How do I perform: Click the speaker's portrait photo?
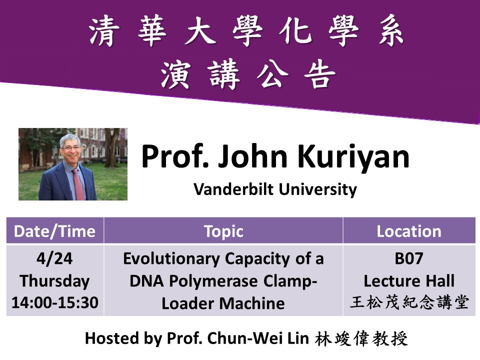pyautogui.click(x=73, y=164)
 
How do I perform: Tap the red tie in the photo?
pyautogui.click(x=78, y=184)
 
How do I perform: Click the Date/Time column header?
pyautogui.click(x=55, y=231)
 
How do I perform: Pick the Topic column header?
pyautogui.click(x=224, y=231)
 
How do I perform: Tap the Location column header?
pyautogui.click(x=409, y=231)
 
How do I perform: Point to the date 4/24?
pyautogui.click(x=54, y=258)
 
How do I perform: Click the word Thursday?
pyautogui.click(x=55, y=281)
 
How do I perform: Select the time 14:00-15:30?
pyautogui.click(x=55, y=302)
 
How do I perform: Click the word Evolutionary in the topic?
pyautogui.click(x=171, y=258)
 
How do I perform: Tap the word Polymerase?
pyautogui.click(x=213, y=281)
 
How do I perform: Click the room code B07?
pyautogui.click(x=409, y=258)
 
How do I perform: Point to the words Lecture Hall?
pyautogui.click(x=409, y=280)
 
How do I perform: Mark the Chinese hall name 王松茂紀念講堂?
pyautogui.click(x=409, y=302)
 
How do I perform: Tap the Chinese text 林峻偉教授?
pyautogui.click(x=361, y=339)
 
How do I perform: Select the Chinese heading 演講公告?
pyautogui.click(x=248, y=74)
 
